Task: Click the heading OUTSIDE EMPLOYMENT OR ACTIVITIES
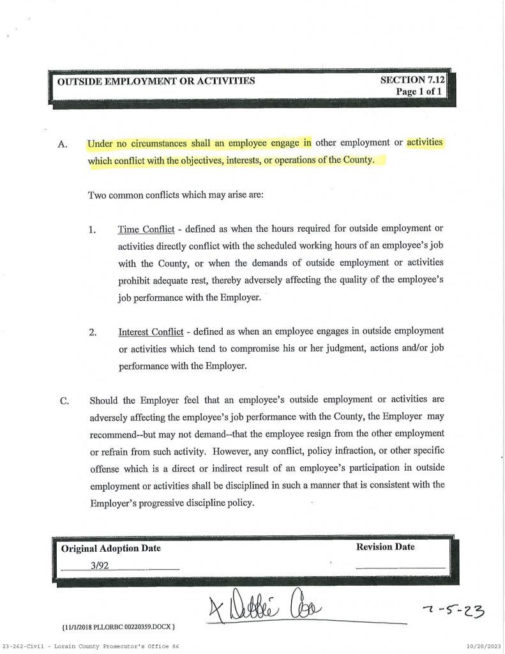coord(156,81)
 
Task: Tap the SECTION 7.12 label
coord(411,80)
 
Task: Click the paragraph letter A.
coord(63,144)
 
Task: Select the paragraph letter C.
coord(63,401)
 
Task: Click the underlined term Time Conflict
coord(146,229)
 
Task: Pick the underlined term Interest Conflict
coord(151,332)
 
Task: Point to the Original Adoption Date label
coord(111,548)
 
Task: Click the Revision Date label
coord(385,547)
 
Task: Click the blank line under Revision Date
coord(400,567)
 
